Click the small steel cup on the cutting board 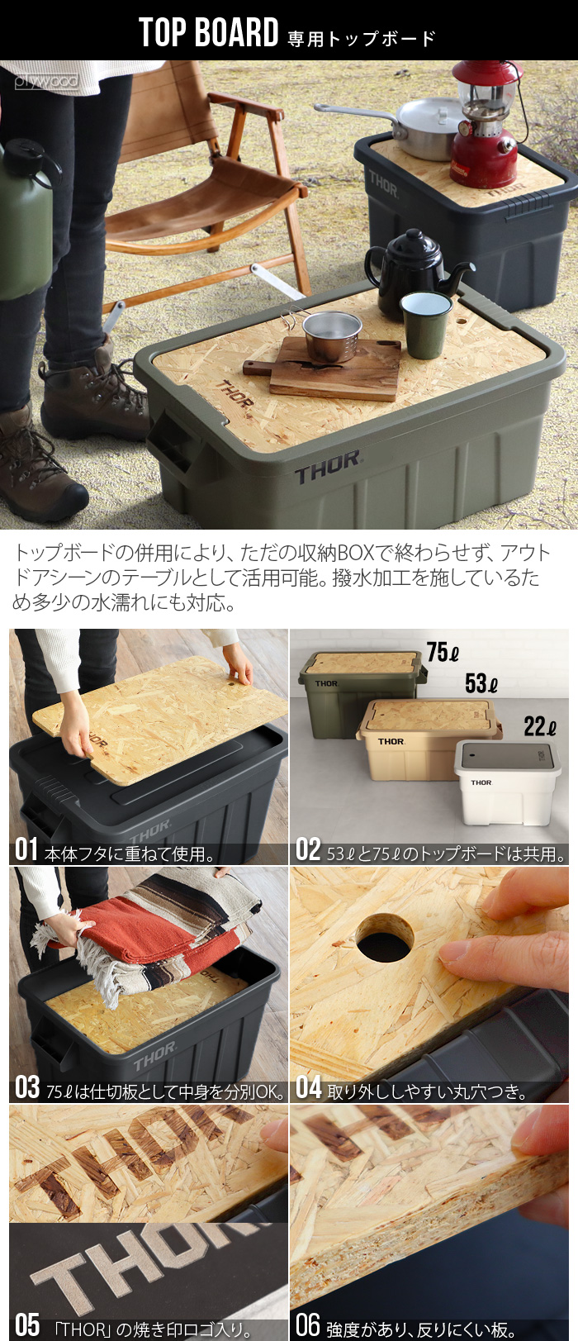332,335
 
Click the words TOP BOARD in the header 208,33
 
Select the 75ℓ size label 443,652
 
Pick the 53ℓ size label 481,683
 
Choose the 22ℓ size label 539,727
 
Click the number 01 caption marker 26,850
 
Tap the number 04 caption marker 308,1087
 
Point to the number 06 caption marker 307,1324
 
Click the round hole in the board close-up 385,937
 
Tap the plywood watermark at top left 46,81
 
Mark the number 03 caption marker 26,1087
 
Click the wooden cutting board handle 258,368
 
